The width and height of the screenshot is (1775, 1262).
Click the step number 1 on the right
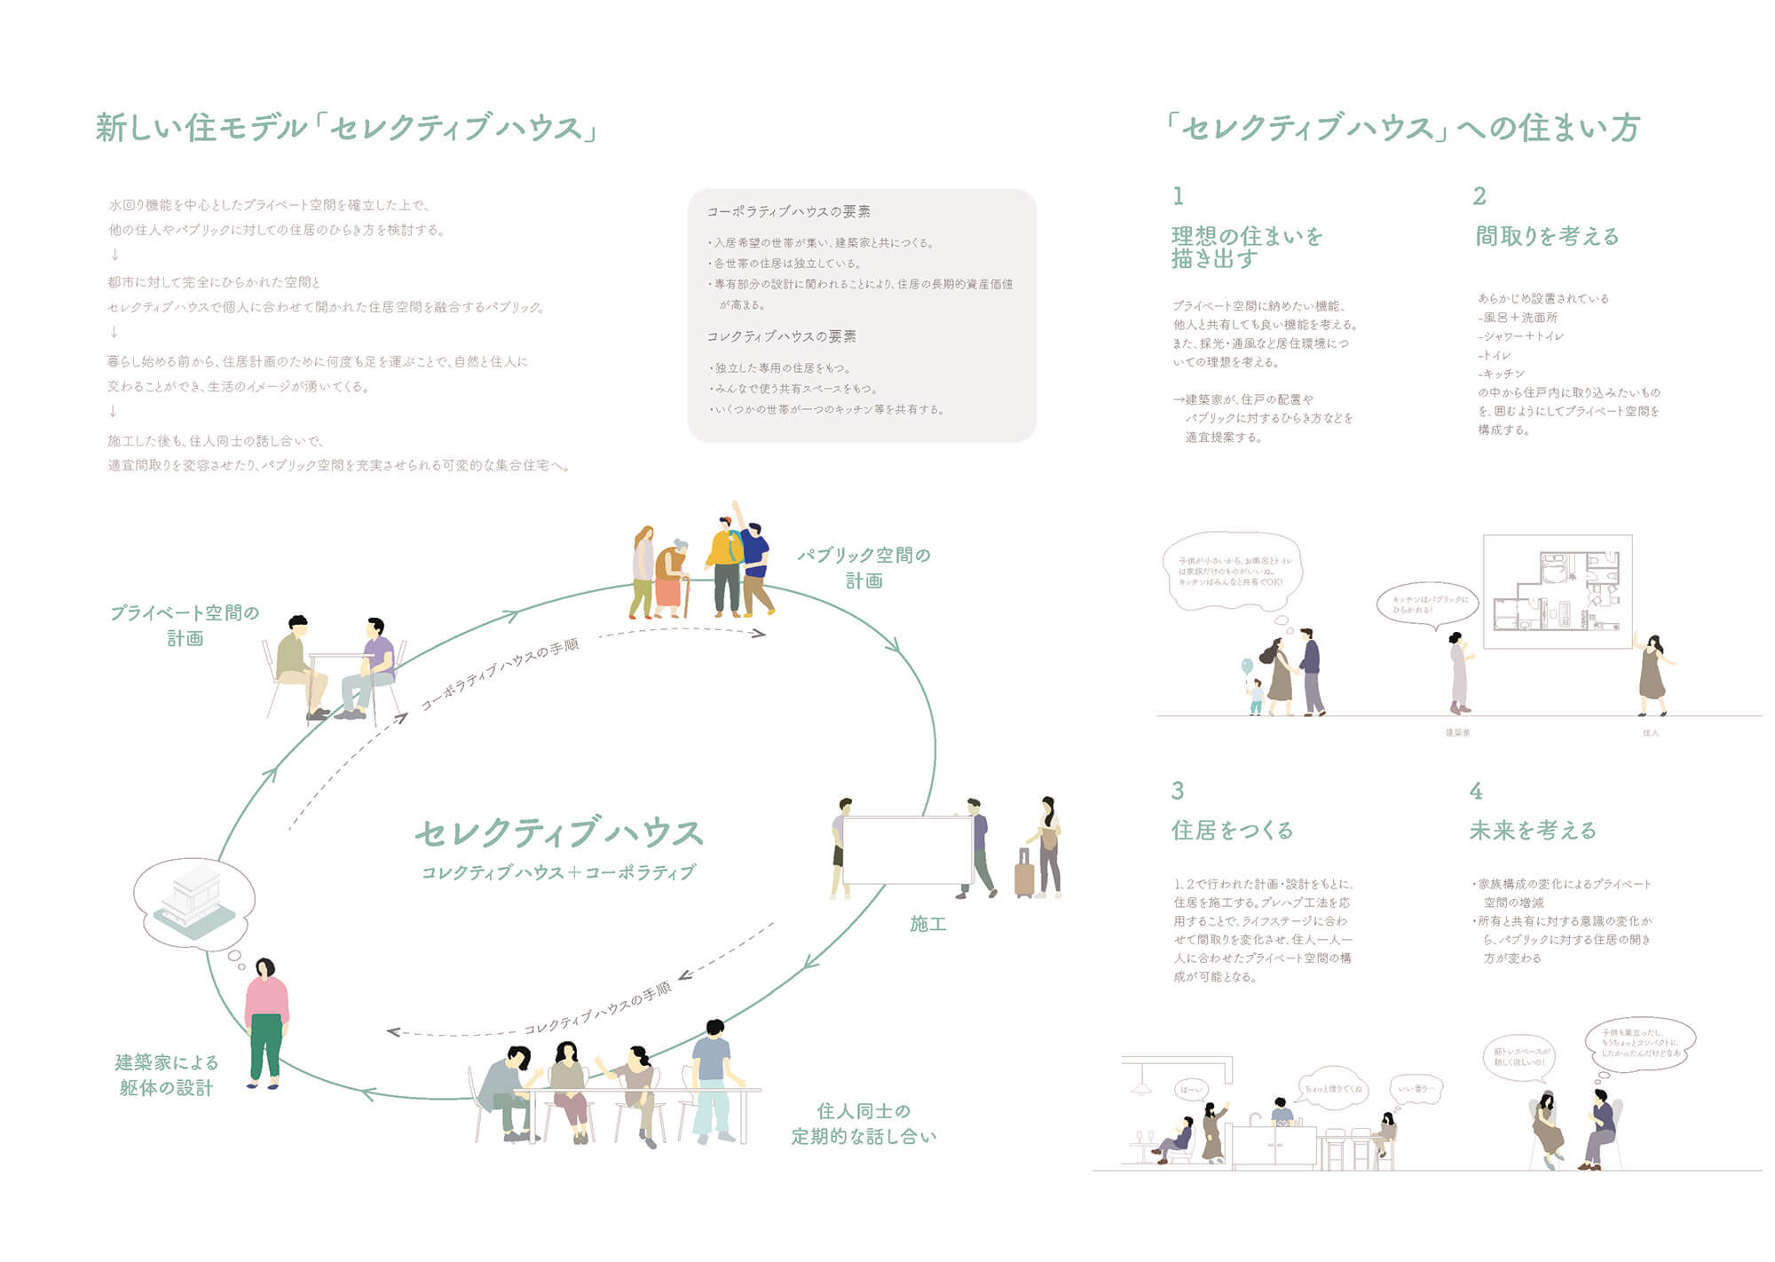coord(1178,196)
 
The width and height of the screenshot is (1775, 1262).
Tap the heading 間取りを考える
coord(1547,236)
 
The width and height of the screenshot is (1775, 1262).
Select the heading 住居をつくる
coord(1232,831)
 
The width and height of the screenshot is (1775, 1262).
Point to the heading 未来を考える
coord(1533,831)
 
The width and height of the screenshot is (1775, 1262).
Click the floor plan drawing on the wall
coord(1558,591)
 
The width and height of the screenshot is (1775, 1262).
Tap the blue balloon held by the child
coord(1247,666)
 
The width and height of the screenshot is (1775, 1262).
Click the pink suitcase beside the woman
coord(1024,874)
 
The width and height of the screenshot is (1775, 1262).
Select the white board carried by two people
coord(906,849)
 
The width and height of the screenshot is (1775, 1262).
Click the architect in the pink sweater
coord(265,1021)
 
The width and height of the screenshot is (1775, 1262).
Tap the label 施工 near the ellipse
coord(927,925)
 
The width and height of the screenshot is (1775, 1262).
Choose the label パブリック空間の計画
coord(864,568)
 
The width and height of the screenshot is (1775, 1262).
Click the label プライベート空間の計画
coord(185,625)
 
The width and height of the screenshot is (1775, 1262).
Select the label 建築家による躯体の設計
coord(167,1075)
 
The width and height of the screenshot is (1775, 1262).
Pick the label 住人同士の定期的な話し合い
coord(864,1124)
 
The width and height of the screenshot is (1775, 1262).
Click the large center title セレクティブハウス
coord(559,833)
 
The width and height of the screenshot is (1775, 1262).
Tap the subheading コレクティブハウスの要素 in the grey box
coord(781,337)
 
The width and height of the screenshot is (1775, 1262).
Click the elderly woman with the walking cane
coord(672,577)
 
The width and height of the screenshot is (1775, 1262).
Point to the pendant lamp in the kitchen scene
coord(1140,1087)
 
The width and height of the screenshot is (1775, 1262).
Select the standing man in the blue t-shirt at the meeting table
coord(712,1078)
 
